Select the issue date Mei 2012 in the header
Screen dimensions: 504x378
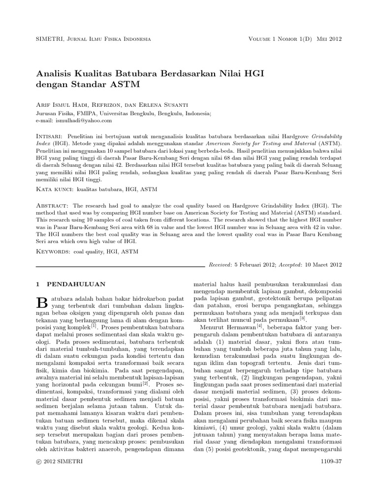pos(329,39)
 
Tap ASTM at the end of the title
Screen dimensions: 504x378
pos(126,84)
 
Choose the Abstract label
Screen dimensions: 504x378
pos(53,204)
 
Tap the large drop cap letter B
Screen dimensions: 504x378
pos(41,302)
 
